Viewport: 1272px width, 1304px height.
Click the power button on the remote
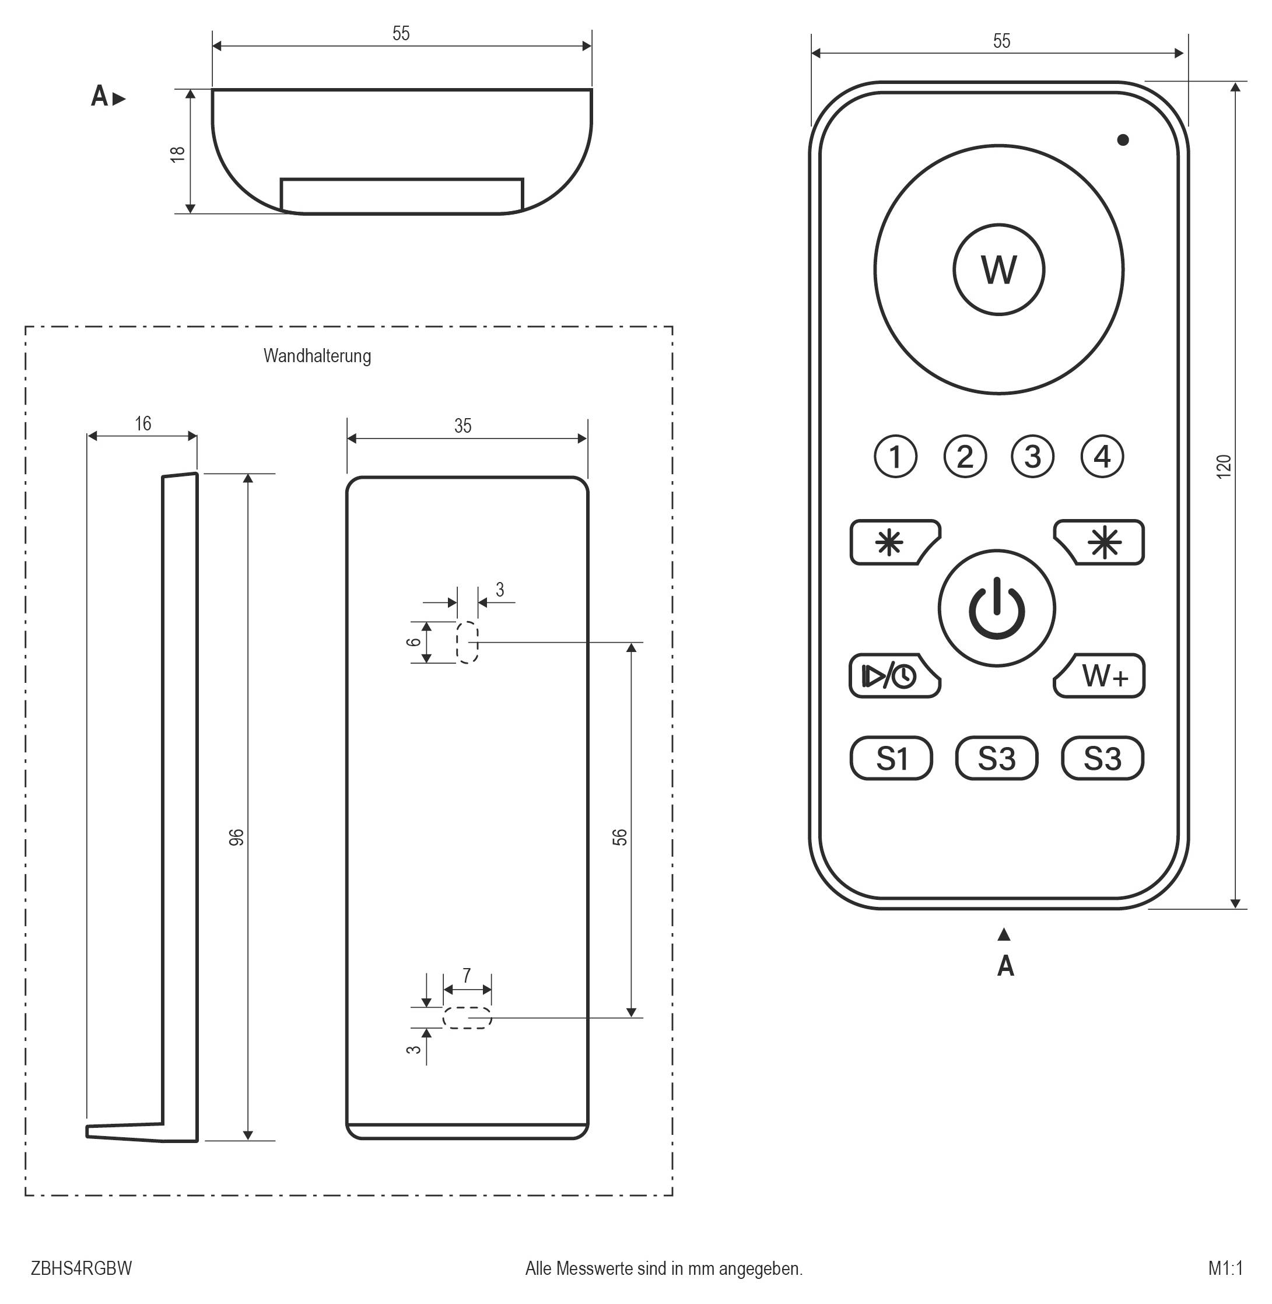(996, 608)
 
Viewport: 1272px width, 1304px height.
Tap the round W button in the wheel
(998, 269)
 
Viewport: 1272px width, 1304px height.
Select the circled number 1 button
(895, 457)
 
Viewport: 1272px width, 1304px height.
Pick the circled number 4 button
(1102, 457)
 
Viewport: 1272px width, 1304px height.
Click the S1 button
(891, 758)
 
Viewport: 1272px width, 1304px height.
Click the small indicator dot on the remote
(1122, 139)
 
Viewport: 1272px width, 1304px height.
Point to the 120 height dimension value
(1223, 465)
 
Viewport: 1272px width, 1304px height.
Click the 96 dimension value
(237, 837)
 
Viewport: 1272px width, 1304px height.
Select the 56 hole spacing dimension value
(620, 837)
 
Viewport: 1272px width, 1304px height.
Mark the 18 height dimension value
(178, 153)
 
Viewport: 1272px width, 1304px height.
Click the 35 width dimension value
(462, 426)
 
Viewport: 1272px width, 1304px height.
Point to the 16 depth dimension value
(143, 423)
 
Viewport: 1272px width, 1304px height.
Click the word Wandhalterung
(317, 355)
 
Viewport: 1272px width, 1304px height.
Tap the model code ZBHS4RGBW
(82, 1268)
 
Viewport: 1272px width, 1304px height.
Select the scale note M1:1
(1225, 1268)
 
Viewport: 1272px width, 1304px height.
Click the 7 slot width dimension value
(467, 975)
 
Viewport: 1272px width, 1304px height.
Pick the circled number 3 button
(1032, 457)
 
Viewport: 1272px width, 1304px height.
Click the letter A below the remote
(1005, 966)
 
